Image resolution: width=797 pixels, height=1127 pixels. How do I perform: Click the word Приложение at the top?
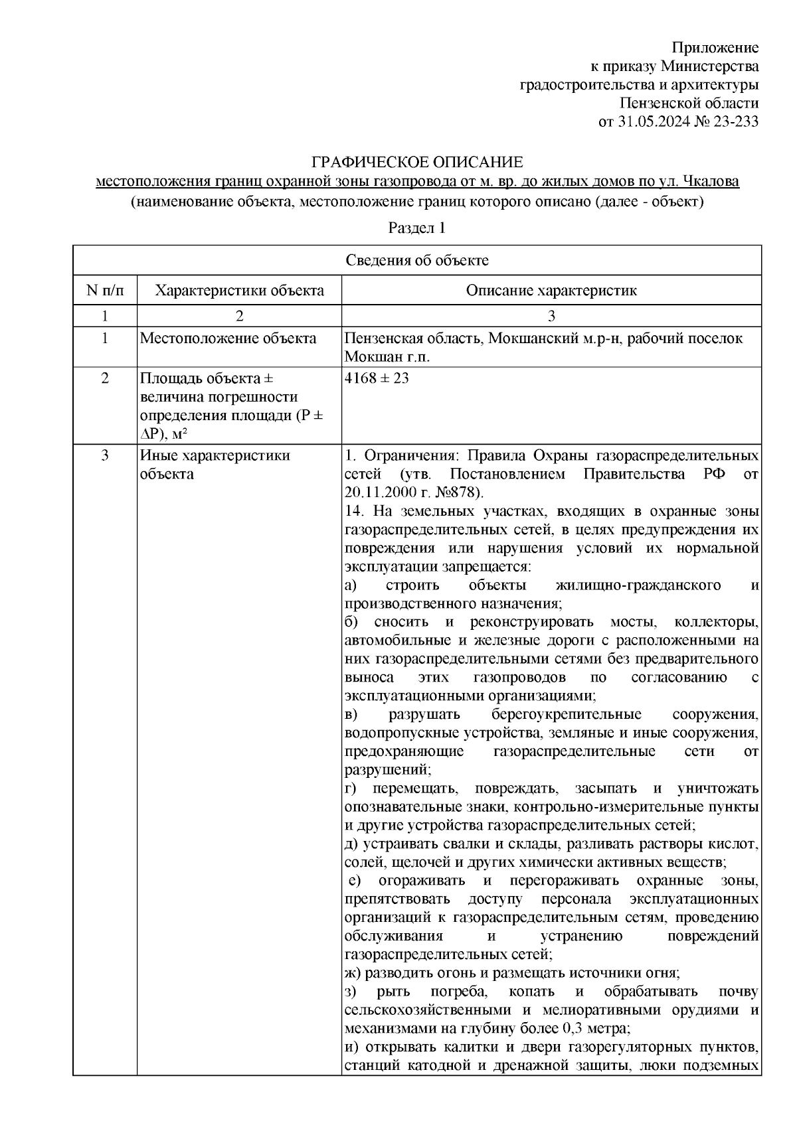715,48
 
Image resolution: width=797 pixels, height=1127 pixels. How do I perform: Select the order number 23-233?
734,121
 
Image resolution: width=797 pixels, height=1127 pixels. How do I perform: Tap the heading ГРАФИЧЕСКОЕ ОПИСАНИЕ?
417,163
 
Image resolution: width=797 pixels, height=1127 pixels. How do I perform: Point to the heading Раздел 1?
416,228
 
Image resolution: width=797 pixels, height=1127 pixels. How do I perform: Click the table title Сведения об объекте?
416,260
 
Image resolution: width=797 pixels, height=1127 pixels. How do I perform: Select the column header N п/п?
104,291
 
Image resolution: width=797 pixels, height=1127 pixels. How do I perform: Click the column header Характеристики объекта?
239,291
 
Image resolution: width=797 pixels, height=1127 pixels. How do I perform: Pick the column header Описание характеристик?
551,291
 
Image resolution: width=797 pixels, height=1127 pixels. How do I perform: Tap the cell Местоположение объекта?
228,338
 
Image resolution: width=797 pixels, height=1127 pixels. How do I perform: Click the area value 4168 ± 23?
377,378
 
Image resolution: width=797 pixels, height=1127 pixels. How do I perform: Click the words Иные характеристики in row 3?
215,456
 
